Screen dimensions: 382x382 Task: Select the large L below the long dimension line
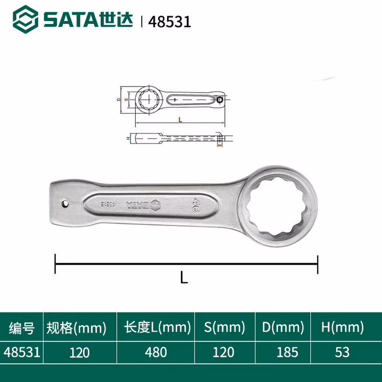pyautogui.click(x=184, y=277)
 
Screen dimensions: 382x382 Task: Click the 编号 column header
pyautogui.click(x=21, y=328)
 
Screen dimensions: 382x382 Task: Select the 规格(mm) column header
pyautogui.click(x=76, y=328)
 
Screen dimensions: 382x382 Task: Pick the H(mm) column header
pyautogui.click(x=342, y=328)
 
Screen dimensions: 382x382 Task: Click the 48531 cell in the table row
pyautogui.click(x=21, y=352)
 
